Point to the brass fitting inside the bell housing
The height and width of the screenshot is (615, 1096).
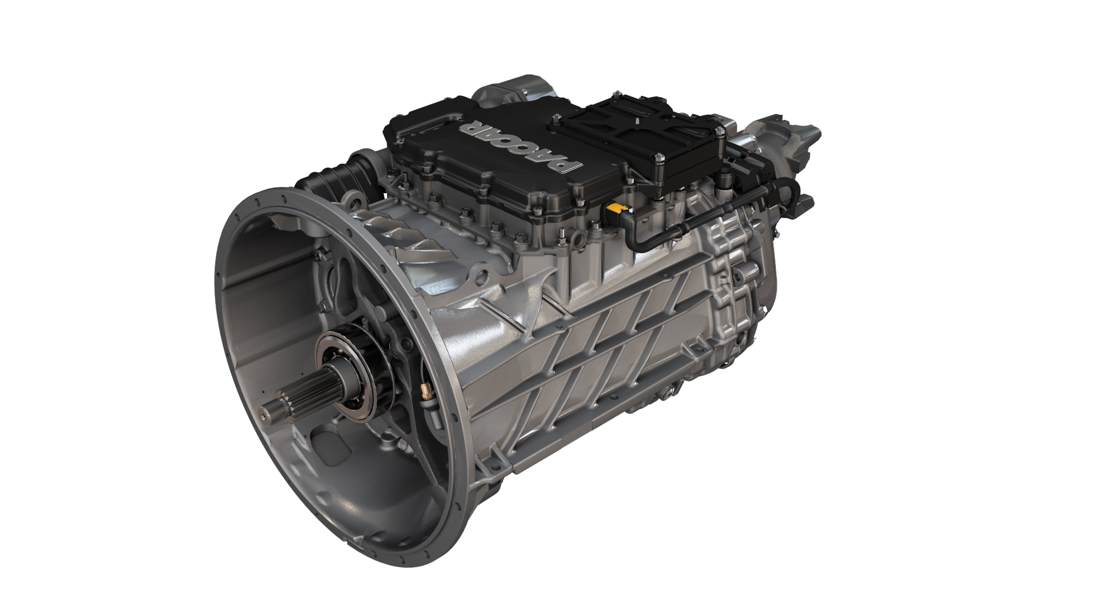(425, 391)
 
